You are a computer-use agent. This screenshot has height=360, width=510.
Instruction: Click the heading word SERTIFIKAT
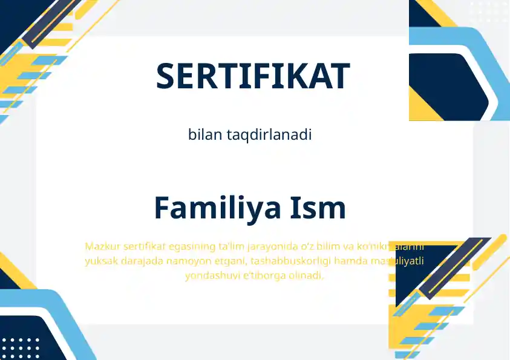pyautogui.click(x=253, y=76)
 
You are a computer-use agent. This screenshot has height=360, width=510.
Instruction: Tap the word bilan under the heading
pyautogui.click(x=206, y=135)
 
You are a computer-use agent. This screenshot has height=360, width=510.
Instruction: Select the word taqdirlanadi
pyautogui.click(x=269, y=135)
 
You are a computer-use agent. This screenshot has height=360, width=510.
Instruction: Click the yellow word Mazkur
pyautogui.click(x=102, y=246)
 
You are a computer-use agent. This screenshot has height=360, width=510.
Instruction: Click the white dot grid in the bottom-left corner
pyautogui.click(x=21, y=348)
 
